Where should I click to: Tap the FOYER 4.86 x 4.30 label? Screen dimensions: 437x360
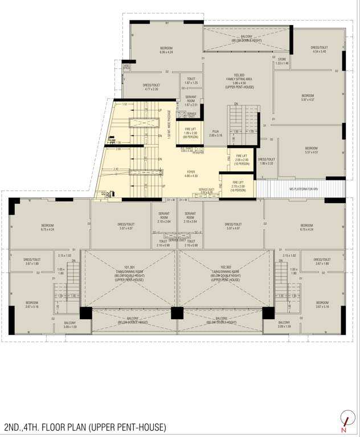pyautogui.click(x=191, y=173)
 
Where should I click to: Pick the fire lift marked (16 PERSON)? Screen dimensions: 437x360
pyautogui.click(x=238, y=188)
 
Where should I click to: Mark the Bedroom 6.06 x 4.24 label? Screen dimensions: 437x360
pyautogui.click(x=166, y=50)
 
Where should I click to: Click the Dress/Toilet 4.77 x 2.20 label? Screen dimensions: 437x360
pyautogui.click(x=151, y=87)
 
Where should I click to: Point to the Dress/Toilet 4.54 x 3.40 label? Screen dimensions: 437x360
pyautogui.click(x=319, y=50)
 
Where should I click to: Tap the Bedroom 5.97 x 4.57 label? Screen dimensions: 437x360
pyautogui.click(x=308, y=97)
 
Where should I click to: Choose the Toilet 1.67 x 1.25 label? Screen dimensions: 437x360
pyautogui.click(x=191, y=81)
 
